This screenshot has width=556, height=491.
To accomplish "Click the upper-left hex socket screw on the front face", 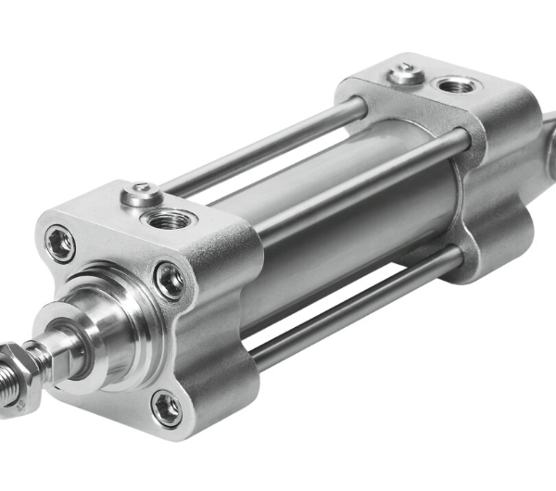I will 62,243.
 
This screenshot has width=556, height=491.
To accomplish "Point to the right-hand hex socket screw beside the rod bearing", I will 170,280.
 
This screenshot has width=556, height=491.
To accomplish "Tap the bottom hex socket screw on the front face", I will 166,405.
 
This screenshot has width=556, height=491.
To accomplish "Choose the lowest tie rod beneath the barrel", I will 352,310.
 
